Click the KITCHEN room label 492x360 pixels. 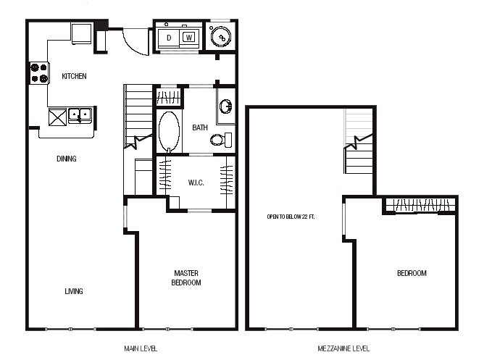74,76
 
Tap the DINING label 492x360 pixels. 67,159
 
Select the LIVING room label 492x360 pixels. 74,291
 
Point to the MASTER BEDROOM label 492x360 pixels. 186,278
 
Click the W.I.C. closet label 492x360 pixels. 196,183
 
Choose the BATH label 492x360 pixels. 200,127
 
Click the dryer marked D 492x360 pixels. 169,38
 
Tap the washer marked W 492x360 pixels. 189,38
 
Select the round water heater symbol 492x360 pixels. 220,37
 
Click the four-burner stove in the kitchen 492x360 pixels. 39,72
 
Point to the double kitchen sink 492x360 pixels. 80,114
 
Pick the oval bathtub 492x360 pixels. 169,132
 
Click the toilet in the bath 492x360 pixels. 221,140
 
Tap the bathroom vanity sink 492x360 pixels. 225,106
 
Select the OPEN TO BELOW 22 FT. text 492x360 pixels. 291,217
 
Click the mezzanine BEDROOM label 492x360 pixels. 412,273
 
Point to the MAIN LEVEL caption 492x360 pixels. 141,348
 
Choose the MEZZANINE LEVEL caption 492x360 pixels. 343,348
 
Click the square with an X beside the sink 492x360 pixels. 58,117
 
